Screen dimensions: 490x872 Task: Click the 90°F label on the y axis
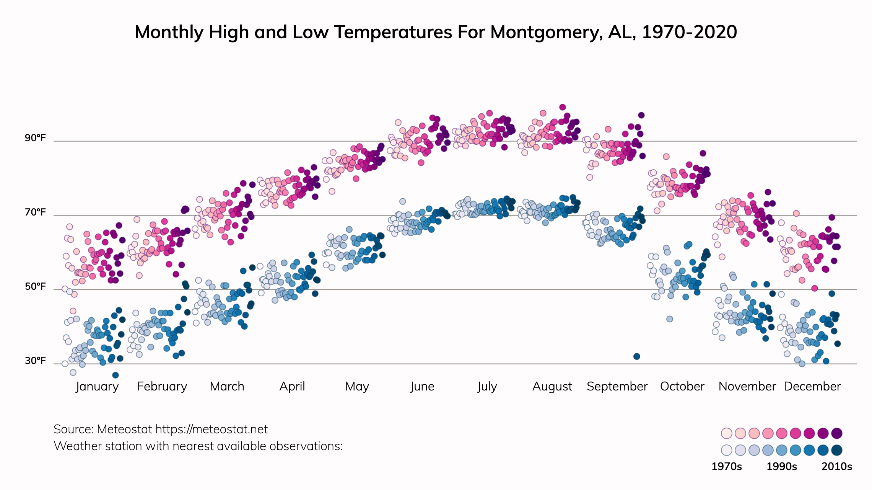[35, 138]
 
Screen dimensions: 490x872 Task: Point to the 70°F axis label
[35, 212]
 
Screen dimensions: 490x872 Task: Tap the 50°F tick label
[35, 286]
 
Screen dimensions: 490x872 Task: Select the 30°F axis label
[35, 361]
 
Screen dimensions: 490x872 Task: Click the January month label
[97, 386]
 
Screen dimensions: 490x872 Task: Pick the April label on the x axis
[292, 386]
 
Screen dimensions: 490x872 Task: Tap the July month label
[487, 386]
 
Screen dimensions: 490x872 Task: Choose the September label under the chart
[617, 386]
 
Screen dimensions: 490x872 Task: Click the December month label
[812, 386]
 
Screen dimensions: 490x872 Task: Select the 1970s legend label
[726, 467]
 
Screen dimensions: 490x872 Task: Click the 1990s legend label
[782, 467]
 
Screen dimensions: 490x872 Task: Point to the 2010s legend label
[837, 467]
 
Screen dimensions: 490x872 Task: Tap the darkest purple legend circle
[837, 433]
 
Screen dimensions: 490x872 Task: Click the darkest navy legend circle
[837, 450]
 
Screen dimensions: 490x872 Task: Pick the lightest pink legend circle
[726, 433]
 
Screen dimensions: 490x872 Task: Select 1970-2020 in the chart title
[689, 32]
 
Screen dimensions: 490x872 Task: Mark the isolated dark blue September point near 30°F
[637, 356]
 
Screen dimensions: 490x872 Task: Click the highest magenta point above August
[563, 107]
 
